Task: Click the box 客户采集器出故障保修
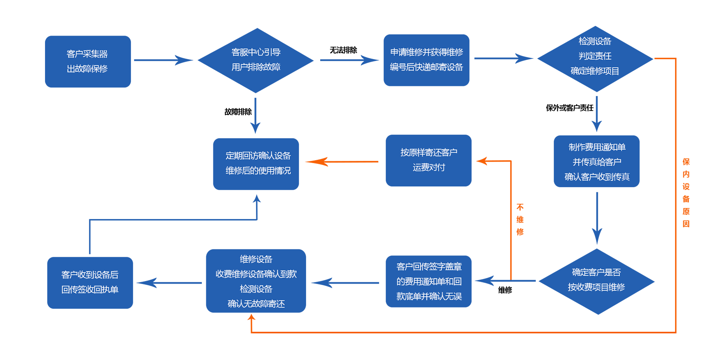tap(88, 61)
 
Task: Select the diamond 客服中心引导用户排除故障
tap(256, 60)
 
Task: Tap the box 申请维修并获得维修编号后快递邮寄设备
tap(426, 60)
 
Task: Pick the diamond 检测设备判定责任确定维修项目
tap(595, 58)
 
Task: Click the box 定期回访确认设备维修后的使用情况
tap(256, 164)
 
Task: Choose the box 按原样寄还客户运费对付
tap(428, 160)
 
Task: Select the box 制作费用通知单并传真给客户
tap(596, 161)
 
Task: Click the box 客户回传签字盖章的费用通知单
tap(428, 281)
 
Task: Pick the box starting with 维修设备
tap(256, 281)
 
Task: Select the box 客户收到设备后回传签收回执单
tap(90, 283)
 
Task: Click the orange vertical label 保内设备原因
tap(686, 193)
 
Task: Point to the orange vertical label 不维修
tap(520, 220)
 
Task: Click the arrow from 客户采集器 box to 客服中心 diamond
tap(163, 60)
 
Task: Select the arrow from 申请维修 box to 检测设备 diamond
tap(502, 58)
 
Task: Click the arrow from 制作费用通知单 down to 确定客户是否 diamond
tap(597, 217)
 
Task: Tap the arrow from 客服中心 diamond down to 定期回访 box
tap(255, 114)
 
